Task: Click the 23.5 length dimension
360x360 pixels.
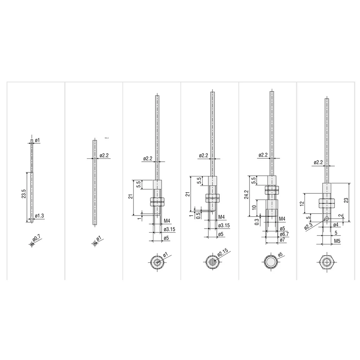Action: tap(24, 194)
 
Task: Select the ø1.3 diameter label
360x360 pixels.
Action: tap(39, 216)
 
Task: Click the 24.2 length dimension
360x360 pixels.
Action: tap(246, 194)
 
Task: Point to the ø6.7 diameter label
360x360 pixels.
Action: tap(284, 234)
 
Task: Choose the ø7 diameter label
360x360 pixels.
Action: tap(282, 240)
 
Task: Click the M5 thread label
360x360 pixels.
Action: tap(337, 241)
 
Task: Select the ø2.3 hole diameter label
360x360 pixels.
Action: tap(309, 226)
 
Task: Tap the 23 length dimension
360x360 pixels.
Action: tap(346, 200)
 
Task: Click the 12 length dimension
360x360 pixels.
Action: tap(302, 203)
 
